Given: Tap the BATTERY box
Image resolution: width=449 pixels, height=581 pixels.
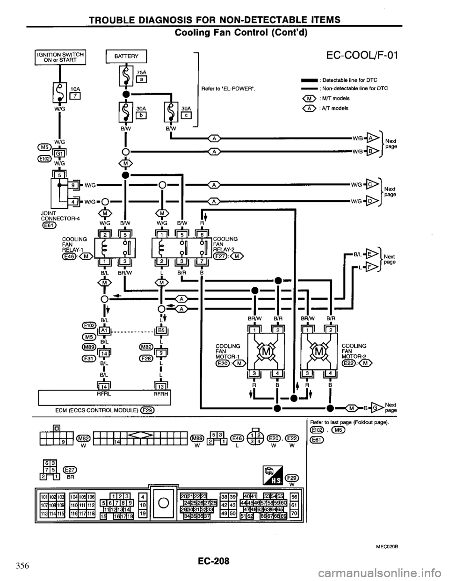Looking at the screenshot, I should point(126,56).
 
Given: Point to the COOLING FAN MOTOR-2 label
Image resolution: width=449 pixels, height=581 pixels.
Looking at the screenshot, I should point(355,352).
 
